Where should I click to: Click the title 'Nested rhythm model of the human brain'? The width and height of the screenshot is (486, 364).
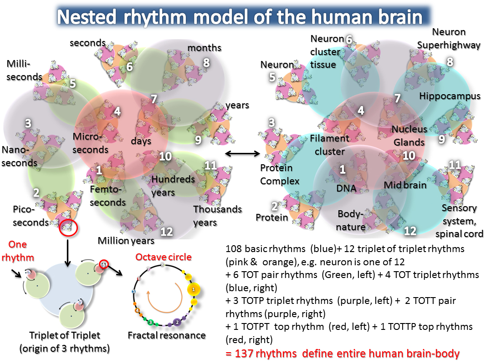click(243, 17)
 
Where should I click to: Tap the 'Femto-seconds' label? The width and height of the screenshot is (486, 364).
click(107, 195)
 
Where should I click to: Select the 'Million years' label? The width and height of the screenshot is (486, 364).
click(126, 240)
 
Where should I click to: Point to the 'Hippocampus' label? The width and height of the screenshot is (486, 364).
click(450, 96)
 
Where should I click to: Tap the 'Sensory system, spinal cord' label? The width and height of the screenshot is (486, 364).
click(459, 221)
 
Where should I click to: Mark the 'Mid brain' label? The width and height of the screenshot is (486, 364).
click(405, 185)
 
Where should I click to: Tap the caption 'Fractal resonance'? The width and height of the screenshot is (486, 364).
click(167, 335)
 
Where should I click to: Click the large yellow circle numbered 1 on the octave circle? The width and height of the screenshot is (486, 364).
click(194, 289)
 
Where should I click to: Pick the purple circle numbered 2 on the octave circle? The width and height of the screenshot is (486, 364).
click(177, 322)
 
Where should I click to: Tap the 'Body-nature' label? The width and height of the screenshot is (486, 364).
click(352, 220)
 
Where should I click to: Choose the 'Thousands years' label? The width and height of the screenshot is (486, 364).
click(217, 216)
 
